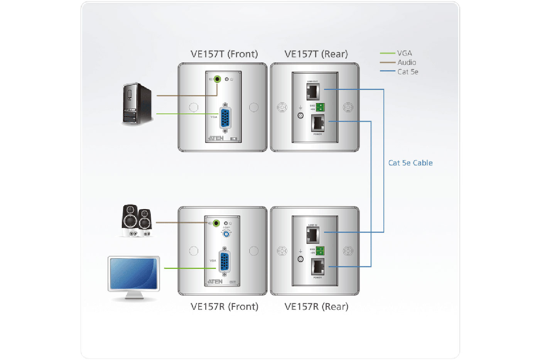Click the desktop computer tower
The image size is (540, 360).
(137, 104)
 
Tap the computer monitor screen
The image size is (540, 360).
(133, 274)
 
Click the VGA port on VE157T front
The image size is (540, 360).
(225, 118)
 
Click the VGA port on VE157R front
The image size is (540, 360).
(224, 262)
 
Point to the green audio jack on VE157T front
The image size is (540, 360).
(218, 79)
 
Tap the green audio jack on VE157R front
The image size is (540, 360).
(216, 223)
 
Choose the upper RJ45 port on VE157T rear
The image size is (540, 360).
(313, 91)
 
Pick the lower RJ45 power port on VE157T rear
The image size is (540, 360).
(317, 123)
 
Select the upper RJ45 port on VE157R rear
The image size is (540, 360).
(313, 235)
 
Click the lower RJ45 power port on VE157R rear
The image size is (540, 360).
(317, 266)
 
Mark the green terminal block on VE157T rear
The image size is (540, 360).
(320, 107)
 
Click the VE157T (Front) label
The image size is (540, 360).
(224, 54)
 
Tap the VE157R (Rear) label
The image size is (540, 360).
(316, 307)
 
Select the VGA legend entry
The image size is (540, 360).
(404, 53)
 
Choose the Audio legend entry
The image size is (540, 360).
(407, 63)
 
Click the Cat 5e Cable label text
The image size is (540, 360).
(410, 163)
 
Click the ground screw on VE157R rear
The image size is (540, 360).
(300, 259)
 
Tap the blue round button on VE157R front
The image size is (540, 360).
(226, 233)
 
